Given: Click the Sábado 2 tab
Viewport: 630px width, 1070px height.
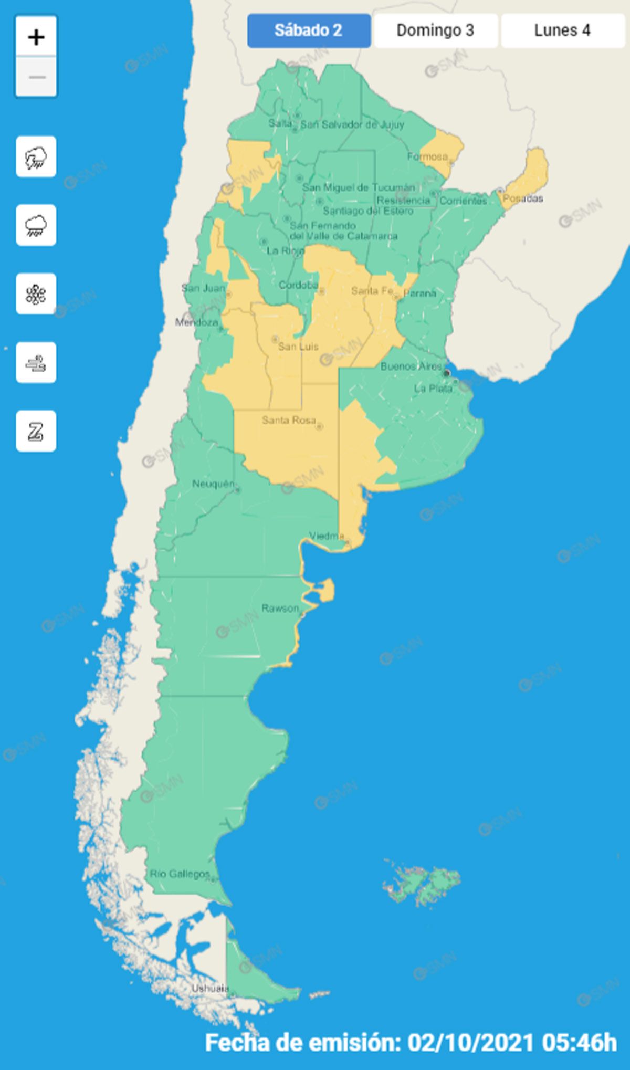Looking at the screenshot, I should tap(309, 30).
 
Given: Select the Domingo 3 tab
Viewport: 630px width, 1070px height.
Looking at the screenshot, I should tap(435, 30).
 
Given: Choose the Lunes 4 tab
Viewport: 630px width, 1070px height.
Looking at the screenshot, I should tap(562, 30).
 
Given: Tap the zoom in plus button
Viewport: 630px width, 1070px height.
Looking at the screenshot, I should tap(36, 37).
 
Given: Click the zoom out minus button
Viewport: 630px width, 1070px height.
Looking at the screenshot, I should tap(36, 77).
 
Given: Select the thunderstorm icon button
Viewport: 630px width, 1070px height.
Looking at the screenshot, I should tap(36, 156).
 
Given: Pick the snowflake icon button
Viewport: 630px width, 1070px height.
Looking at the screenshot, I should tap(36, 293).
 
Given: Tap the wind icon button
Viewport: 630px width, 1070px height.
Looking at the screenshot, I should tap(36, 362).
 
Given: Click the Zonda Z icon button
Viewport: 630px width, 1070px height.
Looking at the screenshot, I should tap(36, 431).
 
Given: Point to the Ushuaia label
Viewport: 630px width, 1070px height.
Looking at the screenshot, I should tap(210, 988).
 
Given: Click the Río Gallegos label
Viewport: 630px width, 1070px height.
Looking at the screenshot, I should tap(180, 874).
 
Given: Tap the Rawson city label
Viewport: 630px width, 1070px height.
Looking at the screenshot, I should tap(280, 608).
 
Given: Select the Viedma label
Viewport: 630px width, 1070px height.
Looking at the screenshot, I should tap(327, 536).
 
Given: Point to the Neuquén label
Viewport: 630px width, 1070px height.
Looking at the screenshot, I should tap(213, 484).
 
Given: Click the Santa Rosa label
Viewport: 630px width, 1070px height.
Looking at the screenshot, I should tap(289, 420).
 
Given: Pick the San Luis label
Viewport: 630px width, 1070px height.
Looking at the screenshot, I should tap(298, 347).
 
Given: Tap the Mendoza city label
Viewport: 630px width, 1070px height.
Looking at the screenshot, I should tap(196, 322).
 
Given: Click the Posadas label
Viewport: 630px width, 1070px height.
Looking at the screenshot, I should tap(523, 198).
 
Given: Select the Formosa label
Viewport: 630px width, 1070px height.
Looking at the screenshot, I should tap(427, 156).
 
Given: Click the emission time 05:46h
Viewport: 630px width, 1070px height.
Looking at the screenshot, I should tap(580, 1042).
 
